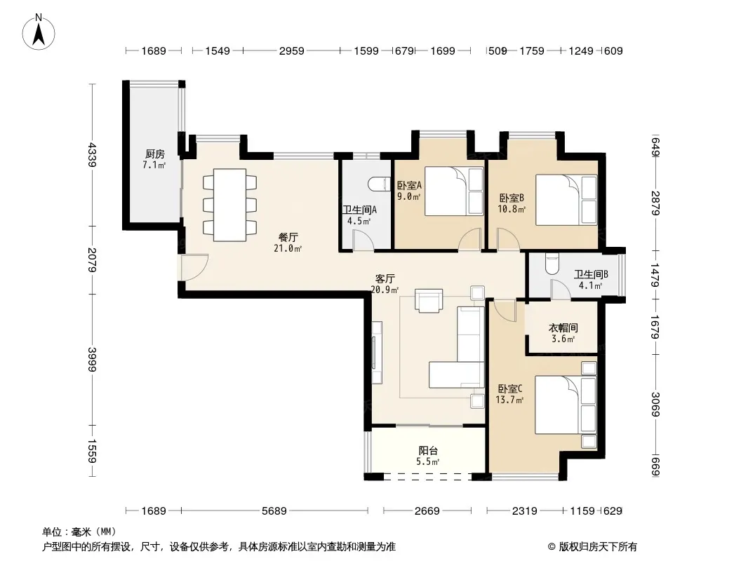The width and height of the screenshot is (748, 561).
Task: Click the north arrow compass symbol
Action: [39, 32]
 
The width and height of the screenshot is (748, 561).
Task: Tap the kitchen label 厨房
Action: [154, 154]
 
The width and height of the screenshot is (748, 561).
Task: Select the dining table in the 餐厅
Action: [230, 205]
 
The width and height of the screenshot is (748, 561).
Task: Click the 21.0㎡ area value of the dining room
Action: [288, 248]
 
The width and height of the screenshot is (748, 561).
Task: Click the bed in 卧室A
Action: [454, 191]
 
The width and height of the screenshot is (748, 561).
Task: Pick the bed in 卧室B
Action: [566, 200]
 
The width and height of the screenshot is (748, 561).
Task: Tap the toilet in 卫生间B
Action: [552, 264]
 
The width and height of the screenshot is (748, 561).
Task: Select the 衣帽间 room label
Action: [563, 328]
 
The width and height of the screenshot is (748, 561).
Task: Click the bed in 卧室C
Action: [566, 405]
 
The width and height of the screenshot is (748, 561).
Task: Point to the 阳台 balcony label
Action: [428, 450]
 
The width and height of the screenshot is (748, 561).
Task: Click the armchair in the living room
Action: [429, 301]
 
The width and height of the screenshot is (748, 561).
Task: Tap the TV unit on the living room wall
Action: [376, 353]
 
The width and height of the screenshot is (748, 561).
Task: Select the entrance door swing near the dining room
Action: [194, 267]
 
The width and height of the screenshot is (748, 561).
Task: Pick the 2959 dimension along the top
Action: [291, 50]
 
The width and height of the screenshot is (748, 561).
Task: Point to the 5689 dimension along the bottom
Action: [274, 511]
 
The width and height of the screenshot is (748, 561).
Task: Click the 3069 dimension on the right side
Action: [655, 404]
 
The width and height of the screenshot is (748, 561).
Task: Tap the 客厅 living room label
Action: [385, 279]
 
